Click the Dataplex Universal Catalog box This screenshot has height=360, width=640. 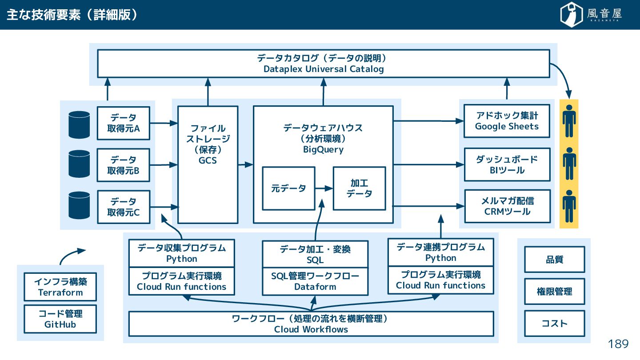(324, 64)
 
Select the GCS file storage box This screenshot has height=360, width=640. (208, 164)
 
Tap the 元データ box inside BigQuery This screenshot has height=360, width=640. (288, 188)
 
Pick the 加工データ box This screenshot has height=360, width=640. (359, 188)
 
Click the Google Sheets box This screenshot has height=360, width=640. (507, 121)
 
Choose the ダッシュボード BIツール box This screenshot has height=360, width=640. (507, 164)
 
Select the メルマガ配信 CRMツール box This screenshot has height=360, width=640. (508, 206)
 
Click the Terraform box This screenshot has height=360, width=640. (60, 287)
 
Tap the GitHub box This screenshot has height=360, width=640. (60, 319)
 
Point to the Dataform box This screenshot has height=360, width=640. (315, 281)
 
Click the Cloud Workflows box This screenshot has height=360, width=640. (311, 324)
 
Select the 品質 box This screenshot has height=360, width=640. (555, 260)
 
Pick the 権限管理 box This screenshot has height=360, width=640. (555, 292)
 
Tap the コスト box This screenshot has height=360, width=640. (555, 324)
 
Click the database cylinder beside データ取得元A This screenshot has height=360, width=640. (79, 124)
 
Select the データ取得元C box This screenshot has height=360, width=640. (124, 207)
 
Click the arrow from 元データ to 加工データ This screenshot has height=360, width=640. (324, 188)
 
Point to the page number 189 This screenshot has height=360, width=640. (618, 344)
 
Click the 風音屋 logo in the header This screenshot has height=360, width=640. (591, 14)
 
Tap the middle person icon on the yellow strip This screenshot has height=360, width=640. (569, 164)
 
